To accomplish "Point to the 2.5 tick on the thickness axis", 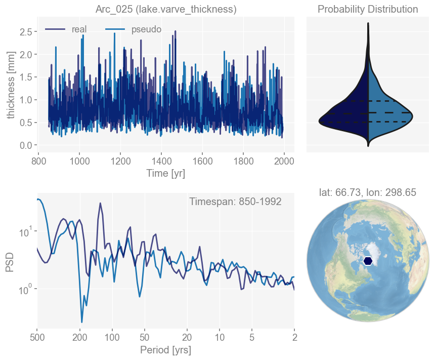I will tap(26, 32).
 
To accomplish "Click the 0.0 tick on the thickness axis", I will tap(26, 145).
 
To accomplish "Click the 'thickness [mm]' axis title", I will tap(11, 87).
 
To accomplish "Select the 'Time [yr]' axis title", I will tap(166, 173).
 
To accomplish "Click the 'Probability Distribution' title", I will tap(368, 10).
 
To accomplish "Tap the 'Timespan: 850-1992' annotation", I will tap(235, 202).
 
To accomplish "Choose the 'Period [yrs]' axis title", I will tap(166, 350).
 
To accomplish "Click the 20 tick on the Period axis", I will tap(187, 337).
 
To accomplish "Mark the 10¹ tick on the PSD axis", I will tap(25, 232).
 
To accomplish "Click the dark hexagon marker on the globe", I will tap(368, 260).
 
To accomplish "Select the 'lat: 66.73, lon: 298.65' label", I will tap(368, 192).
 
